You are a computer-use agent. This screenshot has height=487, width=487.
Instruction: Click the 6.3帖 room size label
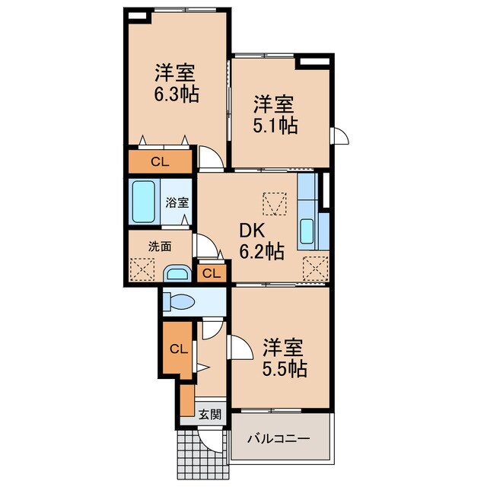point(177,94)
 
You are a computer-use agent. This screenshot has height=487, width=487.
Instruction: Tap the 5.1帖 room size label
point(275,125)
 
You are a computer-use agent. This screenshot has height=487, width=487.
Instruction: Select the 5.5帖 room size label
point(285,368)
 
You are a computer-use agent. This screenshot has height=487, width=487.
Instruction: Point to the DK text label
point(252,231)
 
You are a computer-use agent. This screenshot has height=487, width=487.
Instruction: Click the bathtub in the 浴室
point(144,202)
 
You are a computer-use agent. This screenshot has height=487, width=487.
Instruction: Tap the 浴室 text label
point(177,202)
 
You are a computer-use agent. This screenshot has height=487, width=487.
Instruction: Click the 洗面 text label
point(160,247)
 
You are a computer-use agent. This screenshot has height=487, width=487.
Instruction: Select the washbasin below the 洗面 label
point(177,273)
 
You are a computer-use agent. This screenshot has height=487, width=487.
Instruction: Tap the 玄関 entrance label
point(210,414)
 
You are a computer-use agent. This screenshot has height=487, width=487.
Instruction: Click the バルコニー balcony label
point(279,439)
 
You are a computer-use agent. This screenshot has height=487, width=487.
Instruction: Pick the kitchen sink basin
point(307,231)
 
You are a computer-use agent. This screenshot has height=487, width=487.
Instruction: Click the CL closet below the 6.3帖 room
point(160,161)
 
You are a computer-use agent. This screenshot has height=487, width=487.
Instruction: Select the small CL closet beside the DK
point(212,274)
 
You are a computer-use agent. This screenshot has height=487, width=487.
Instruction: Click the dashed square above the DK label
point(275,204)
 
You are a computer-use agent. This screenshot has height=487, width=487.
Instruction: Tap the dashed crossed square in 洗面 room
point(142,269)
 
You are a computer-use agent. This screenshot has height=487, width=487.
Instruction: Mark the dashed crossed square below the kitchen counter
point(315,269)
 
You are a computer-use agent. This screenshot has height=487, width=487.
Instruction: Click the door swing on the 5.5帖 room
point(239,347)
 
